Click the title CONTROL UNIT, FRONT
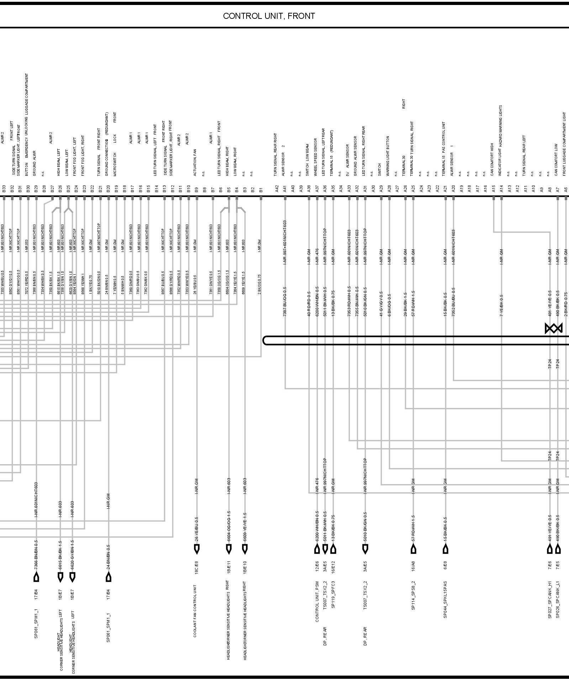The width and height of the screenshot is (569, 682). (269, 16)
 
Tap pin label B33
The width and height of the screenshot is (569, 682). (4, 189)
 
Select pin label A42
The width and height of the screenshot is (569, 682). (277, 189)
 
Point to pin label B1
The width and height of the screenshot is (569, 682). (261, 189)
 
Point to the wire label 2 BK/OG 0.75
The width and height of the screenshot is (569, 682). (260, 284)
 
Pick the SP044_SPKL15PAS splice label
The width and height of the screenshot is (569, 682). (445, 605)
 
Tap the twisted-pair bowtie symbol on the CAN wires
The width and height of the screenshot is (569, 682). (554, 328)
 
